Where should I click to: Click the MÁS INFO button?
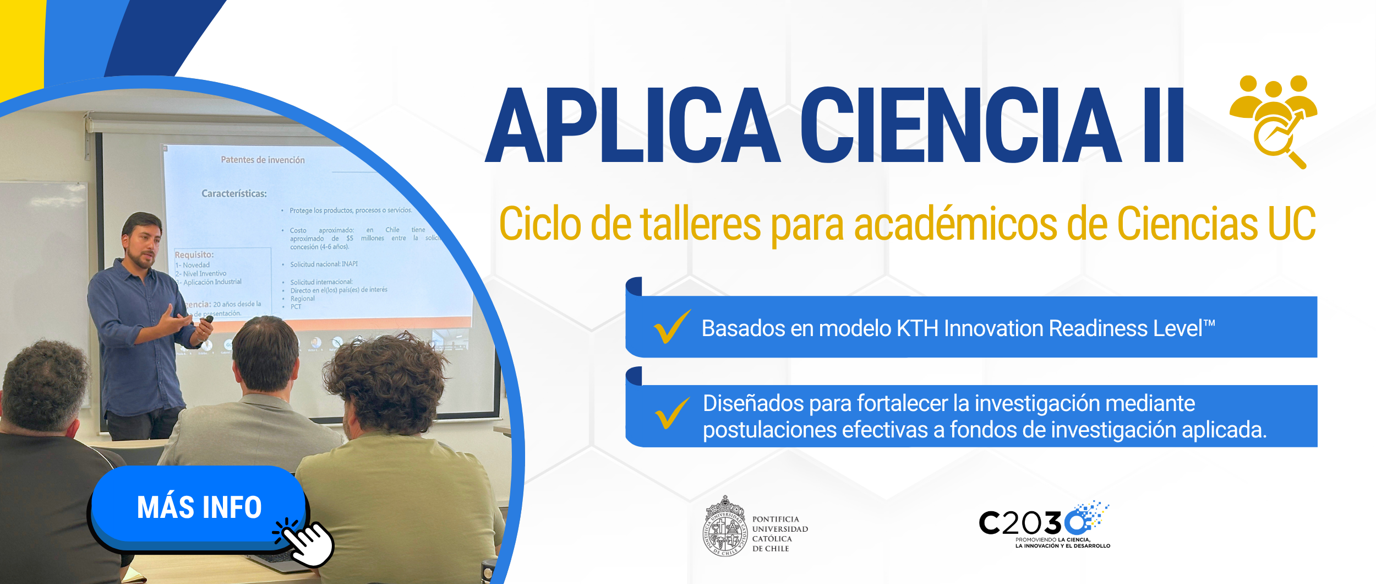[198, 507]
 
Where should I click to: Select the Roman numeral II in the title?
[1163, 125]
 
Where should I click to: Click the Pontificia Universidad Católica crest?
[725, 526]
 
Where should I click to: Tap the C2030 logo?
[1044, 524]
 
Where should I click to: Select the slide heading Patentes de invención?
[263, 160]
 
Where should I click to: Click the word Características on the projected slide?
[234, 193]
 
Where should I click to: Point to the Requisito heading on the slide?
[194, 255]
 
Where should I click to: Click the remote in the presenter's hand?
[208, 320]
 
